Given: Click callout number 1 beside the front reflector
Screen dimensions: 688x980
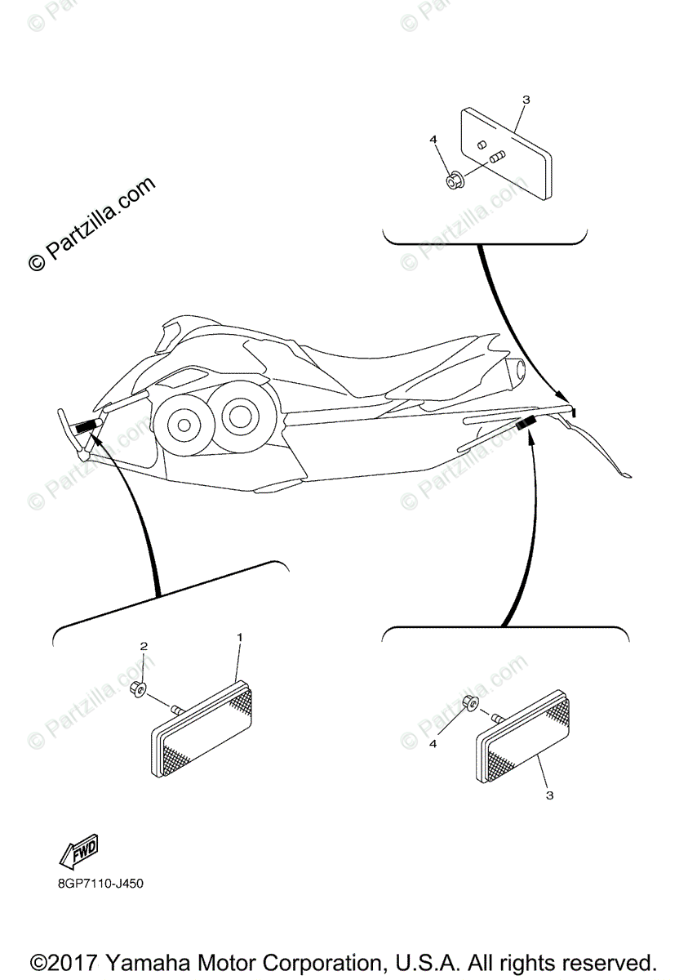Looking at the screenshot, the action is click(x=239, y=635).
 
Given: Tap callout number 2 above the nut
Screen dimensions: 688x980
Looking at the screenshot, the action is click(x=144, y=646).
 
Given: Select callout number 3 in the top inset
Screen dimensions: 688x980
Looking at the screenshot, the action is click(x=526, y=100).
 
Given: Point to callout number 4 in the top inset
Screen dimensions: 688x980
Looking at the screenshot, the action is click(x=433, y=140).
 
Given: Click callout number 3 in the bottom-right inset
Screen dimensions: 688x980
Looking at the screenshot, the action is click(x=549, y=795).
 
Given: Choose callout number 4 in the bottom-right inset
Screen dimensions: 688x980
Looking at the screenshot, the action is click(x=433, y=744).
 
